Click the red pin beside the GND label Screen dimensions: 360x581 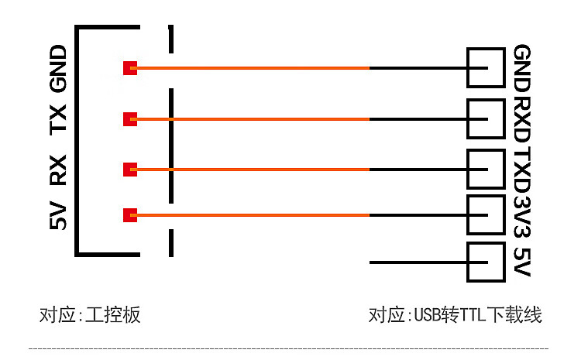point(130,68)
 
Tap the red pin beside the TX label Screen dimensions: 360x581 point(130,119)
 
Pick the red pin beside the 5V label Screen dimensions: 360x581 point(130,214)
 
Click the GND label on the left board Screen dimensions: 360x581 point(59,69)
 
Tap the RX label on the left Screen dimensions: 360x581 point(59,170)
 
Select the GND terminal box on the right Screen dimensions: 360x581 point(486,68)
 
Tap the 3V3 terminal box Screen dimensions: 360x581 point(486,214)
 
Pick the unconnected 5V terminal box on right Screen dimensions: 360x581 point(486,262)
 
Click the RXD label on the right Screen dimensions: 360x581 point(523,118)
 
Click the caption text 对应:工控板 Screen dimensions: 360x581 point(91,315)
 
